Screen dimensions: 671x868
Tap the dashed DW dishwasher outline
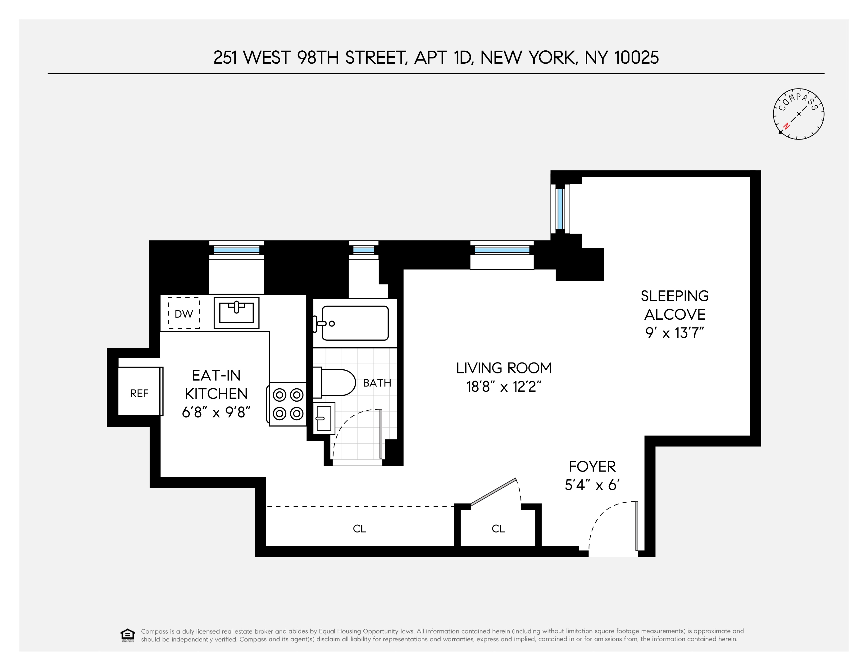click(184, 313)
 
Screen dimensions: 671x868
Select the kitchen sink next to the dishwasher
click(236, 313)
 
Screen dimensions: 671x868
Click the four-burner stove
click(288, 404)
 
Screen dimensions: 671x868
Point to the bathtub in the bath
click(355, 323)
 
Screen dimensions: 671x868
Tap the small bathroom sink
click(324, 418)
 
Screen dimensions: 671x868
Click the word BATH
click(377, 383)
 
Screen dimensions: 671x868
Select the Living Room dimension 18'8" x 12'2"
click(503, 386)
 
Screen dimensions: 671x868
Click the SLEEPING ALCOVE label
click(675, 305)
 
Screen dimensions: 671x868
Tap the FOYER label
click(592, 466)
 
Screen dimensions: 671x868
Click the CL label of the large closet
click(359, 529)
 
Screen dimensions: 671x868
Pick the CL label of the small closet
click(498, 529)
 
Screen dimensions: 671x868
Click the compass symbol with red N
click(798, 114)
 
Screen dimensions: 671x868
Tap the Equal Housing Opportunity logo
click(128, 635)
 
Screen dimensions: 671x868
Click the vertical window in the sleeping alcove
click(560, 209)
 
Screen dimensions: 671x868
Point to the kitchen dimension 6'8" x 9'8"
click(216, 413)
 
